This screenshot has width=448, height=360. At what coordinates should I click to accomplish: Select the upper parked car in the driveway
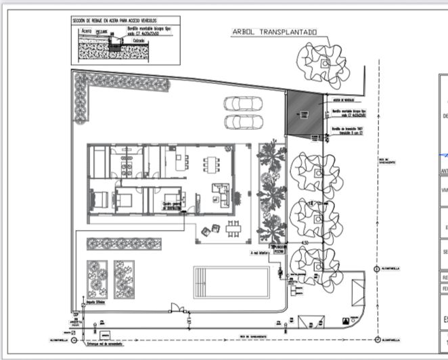tap(242, 104)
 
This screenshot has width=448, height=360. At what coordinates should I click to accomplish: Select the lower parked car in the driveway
tap(242, 122)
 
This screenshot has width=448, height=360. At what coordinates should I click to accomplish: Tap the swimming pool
tap(232, 282)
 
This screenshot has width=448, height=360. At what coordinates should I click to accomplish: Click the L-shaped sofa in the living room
tap(221, 193)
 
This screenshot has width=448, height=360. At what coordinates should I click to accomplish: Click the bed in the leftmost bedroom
tap(99, 200)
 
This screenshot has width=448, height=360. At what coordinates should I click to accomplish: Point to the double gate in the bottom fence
tap(179, 311)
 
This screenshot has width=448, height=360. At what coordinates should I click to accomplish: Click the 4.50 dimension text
tap(305, 242)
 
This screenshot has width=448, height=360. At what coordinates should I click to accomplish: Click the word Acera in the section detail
tap(86, 31)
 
